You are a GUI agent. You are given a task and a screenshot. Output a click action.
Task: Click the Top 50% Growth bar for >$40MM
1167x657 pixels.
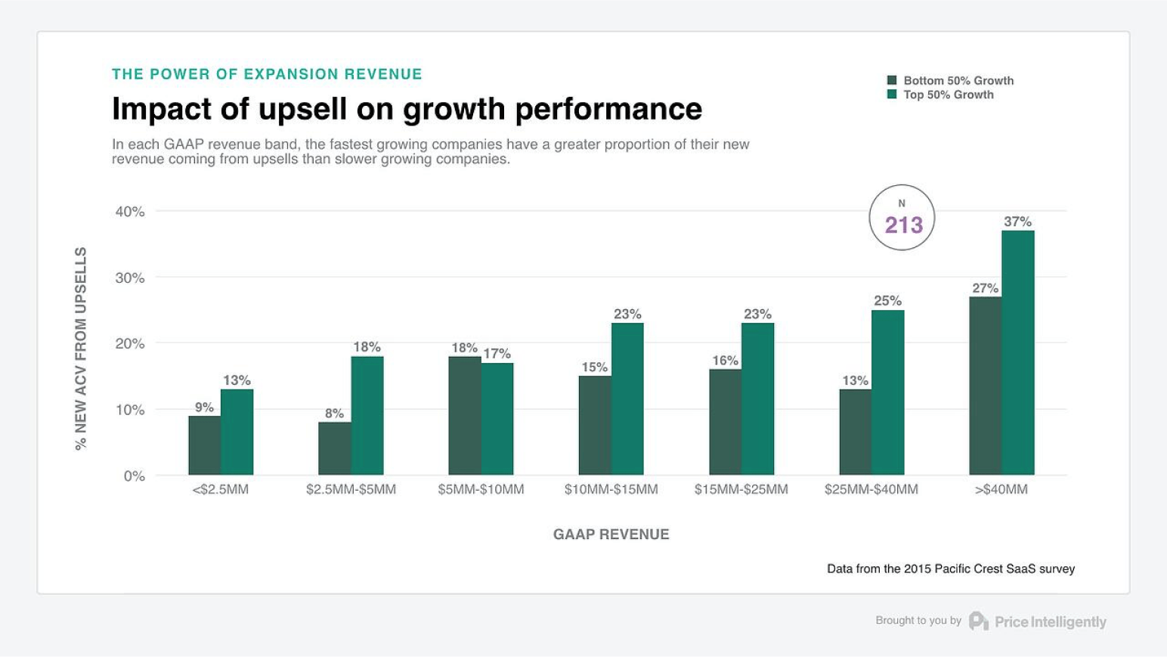pyautogui.click(x=1017, y=353)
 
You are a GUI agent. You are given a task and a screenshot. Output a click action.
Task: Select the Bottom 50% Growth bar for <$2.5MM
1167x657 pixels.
pyautogui.click(x=204, y=445)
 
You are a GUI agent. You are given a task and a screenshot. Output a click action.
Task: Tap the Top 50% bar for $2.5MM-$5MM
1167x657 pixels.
pyautogui.click(x=367, y=416)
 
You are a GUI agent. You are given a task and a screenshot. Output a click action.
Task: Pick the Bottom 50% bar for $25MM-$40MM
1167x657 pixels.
pyautogui.click(x=855, y=432)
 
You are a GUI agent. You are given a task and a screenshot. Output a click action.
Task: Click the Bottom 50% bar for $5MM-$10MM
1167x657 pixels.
pyautogui.click(x=464, y=416)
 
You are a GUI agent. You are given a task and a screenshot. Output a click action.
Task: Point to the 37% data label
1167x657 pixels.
pyautogui.click(x=1017, y=222)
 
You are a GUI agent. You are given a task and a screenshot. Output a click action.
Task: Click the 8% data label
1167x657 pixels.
pyautogui.click(x=334, y=413)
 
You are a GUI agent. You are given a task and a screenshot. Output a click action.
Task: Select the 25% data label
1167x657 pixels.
pyautogui.click(x=887, y=301)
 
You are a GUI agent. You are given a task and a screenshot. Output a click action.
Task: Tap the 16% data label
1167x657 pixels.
pyautogui.click(x=725, y=361)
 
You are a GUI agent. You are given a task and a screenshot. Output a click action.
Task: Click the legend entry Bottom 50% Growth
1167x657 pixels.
pyautogui.click(x=958, y=80)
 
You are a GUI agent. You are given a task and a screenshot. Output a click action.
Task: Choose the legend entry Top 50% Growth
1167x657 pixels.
pyautogui.click(x=948, y=95)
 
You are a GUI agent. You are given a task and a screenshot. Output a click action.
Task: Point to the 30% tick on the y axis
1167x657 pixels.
pyautogui.click(x=129, y=277)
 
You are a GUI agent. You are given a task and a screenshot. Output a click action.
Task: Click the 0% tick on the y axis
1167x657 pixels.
pyautogui.click(x=134, y=476)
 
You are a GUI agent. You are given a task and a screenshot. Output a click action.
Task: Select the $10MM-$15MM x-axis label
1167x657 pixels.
pyautogui.click(x=611, y=489)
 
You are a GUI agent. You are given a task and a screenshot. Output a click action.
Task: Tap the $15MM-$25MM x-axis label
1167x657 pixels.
pyautogui.click(x=741, y=489)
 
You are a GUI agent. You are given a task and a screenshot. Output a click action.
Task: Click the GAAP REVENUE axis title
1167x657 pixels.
pyautogui.click(x=611, y=535)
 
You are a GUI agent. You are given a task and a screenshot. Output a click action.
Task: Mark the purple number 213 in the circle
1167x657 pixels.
pyautogui.click(x=903, y=225)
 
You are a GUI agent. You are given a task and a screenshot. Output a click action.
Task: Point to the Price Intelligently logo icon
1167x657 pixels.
pyautogui.click(x=978, y=621)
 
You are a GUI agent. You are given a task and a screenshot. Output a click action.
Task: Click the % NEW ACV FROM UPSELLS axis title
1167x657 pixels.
pyautogui.click(x=81, y=349)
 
